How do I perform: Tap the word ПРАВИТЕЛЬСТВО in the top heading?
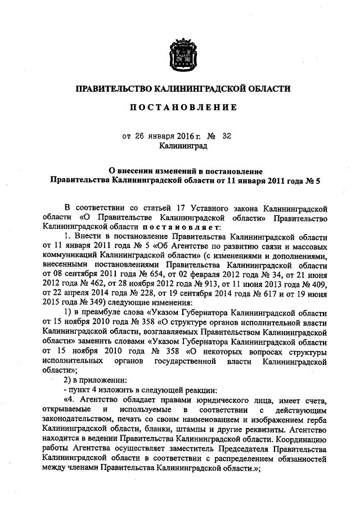click(x=113, y=88)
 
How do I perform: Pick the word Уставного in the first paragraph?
click(x=207, y=209)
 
